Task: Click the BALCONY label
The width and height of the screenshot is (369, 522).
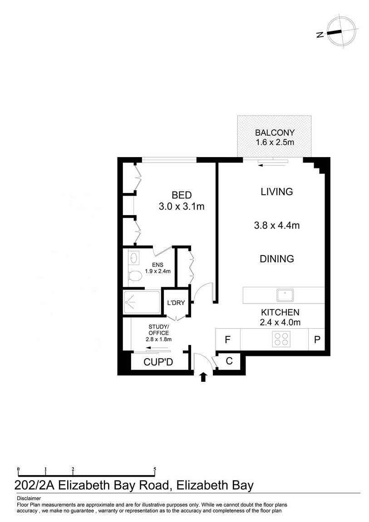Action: (x=275, y=133)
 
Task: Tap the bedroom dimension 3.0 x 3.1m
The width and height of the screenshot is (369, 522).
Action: (x=182, y=207)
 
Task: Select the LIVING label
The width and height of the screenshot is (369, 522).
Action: (x=277, y=192)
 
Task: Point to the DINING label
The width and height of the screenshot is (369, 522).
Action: (x=277, y=259)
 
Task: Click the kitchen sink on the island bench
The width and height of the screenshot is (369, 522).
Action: (x=285, y=295)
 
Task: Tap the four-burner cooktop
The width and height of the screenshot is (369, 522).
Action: (x=281, y=339)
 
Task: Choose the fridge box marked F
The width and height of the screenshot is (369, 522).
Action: (x=228, y=340)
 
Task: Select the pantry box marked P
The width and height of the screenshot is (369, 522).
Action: (x=317, y=340)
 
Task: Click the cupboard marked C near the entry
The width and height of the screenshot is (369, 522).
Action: (x=229, y=361)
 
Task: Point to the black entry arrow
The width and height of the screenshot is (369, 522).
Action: (x=203, y=377)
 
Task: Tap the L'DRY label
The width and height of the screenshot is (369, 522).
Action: (x=176, y=303)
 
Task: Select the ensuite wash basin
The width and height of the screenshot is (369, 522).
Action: (x=134, y=258)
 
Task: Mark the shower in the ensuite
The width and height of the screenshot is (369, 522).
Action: (x=142, y=302)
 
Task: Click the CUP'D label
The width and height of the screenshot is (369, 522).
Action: (x=158, y=362)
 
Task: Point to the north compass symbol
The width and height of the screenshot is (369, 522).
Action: (x=340, y=31)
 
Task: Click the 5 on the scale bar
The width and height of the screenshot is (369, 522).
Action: (x=155, y=469)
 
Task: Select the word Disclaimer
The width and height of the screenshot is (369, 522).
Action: (x=29, y=498)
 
